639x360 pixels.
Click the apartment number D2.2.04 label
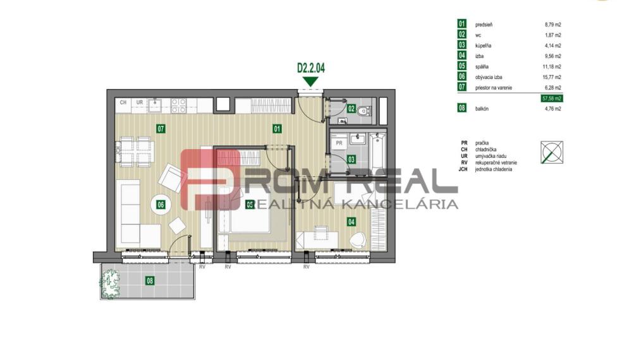click(x=310, y=68)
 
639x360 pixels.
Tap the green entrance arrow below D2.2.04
click(x=310, y=81)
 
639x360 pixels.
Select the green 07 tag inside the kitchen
click(x=161, y=129)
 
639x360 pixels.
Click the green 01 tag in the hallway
click(x=277, y=129)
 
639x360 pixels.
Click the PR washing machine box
click(x=339, y=143)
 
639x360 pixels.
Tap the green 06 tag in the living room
click(x=161, y=204)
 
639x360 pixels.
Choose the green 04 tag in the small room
click(x=351, y=221)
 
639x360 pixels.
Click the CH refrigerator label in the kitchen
click(x=124, y=102)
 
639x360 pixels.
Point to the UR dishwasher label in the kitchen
click(x=139, y=102)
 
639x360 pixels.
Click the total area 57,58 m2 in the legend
click(x=552, y=99)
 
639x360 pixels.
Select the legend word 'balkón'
click(x=484, y=109)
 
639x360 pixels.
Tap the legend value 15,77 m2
click(x=552, y=77)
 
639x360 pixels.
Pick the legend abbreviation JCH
click(x=465, y=169)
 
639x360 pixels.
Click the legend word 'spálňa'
click(x=484, y=66)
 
